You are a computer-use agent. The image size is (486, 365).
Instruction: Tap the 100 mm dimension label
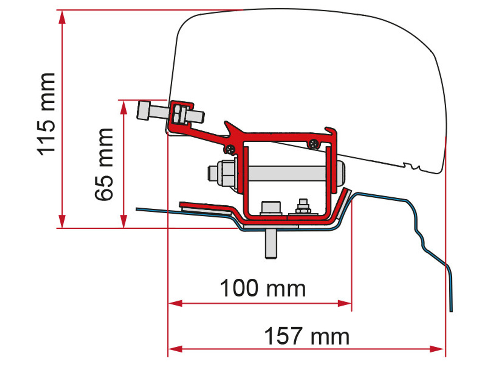[263, 288]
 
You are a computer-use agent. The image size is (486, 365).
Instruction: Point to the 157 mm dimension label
[307, 336]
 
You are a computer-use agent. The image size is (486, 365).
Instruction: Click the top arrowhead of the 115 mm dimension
[62, 17]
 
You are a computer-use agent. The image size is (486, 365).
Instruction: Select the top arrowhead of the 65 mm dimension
[123, 107]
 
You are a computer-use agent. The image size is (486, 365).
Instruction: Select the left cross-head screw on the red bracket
[230, 149]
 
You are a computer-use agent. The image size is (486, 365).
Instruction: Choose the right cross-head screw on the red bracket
[314, 144]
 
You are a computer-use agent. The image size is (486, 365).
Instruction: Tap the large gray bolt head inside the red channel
[270, 208]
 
